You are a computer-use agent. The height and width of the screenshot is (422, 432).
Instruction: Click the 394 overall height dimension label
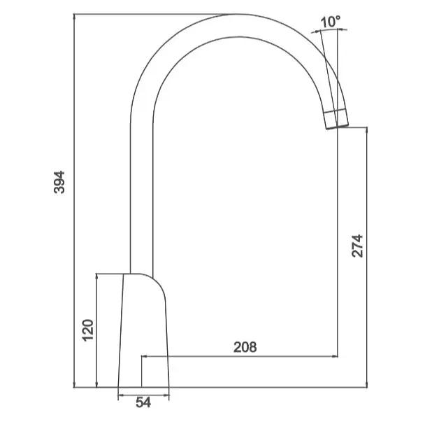point(59,183)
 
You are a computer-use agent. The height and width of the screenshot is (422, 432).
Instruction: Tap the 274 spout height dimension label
point(357,246)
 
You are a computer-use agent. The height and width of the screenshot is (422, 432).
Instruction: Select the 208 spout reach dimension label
point(245,347)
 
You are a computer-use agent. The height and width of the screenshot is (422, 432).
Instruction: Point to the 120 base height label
point(88,330)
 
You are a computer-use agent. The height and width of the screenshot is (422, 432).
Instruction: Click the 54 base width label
point(143,402)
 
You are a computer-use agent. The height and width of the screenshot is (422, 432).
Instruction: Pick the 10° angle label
point(331,22)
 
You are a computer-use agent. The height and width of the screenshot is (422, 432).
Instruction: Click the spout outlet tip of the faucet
point(337,127)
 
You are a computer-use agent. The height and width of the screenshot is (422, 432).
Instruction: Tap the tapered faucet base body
point(143,331)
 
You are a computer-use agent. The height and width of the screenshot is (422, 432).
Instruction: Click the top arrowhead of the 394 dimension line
point(74,17)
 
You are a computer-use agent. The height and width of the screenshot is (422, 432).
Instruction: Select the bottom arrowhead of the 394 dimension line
point(74,384)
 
